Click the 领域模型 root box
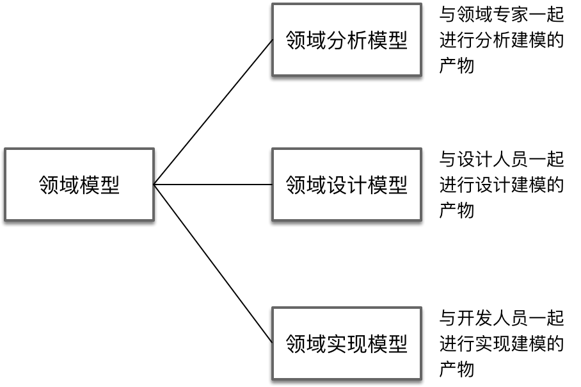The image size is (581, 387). tap(79, 185)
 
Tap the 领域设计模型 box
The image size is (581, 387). tap(346, 185)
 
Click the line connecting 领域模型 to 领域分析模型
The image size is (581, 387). tap(213, 113)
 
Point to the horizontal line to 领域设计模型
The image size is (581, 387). tap(213, 185)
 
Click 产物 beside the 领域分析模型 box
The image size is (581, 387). tap(457, 66)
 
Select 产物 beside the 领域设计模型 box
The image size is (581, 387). tap(457, 210)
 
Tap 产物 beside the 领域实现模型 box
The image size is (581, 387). tap(457, 369)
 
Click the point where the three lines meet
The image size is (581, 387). tap(155, 185)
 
